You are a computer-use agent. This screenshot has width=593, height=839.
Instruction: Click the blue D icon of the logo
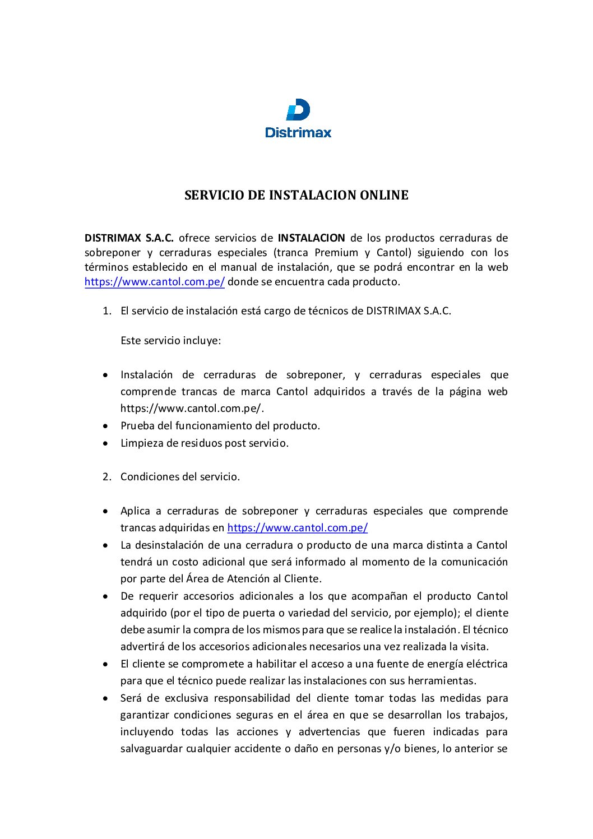[298, 110]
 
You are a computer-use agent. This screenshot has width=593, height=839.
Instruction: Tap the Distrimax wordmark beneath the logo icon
[298, 133]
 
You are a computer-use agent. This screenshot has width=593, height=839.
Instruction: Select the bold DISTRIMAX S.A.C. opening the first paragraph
[129, 238]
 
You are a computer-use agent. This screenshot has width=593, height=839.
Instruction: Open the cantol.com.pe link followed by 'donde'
[155, 282]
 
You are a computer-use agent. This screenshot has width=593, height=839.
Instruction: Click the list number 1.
[106, 311]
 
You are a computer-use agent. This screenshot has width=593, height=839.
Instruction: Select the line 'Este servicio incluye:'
[170, 341]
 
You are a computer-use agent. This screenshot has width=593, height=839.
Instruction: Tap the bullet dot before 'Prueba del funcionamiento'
[106, 426]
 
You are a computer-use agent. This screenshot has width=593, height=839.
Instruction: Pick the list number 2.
[106, 477]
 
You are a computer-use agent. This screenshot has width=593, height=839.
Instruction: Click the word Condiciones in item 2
[147, 477]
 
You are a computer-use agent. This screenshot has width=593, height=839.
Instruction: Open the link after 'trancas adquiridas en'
[298, 528]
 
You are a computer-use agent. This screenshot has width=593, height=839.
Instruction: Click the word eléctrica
[485, 664]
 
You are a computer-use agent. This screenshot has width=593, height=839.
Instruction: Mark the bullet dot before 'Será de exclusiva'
[106, 698]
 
